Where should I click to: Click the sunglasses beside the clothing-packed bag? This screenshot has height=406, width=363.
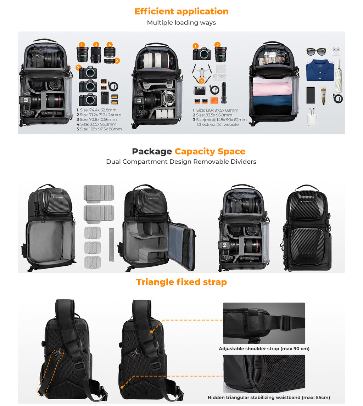tap(316, 52)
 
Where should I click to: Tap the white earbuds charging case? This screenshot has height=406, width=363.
tap(336, 51)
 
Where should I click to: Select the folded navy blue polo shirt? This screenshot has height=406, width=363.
tap(320, 70)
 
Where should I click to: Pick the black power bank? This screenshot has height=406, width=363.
tap(311, 95)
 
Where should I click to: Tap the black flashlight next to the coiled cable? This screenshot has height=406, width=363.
tap(224, 89)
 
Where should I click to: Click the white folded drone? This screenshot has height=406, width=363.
tap(202, 73)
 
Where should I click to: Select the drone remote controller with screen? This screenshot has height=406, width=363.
tap(200, 90)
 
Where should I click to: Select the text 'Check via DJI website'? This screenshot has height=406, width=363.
tap(218, 125)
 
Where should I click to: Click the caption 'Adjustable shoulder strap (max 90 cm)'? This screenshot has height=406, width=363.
tap(264, 349)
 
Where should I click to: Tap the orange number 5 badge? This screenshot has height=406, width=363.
tap(78, 68)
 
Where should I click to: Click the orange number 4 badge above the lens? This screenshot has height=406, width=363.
tap(110, 45)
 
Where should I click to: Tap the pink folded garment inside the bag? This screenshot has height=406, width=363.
tap(272, 89)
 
